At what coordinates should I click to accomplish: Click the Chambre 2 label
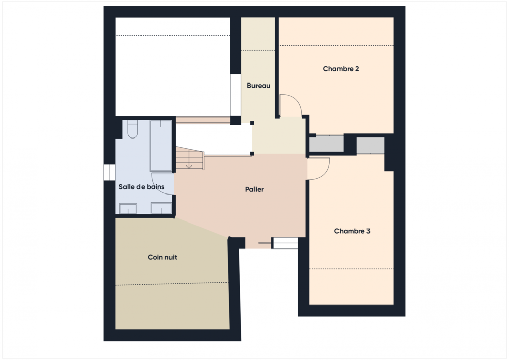[341, 69]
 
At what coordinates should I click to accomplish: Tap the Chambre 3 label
[352, 231]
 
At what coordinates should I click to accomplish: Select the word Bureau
[258, 86]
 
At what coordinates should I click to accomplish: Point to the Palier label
[254, 190]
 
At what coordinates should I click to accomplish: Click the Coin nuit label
[162, 257]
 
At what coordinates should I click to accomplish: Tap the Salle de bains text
[142, 187]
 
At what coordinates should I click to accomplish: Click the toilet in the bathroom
[132, 129]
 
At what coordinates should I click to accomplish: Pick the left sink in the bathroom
[128, 209]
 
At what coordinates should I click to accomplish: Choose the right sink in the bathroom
[161, 209]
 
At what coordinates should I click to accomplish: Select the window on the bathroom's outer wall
[108, 172]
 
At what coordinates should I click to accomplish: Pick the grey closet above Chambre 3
[370, 145]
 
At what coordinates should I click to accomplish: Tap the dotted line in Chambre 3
[351, 269]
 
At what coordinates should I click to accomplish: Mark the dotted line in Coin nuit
[172, 284]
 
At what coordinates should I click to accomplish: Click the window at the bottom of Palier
[285, 243]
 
